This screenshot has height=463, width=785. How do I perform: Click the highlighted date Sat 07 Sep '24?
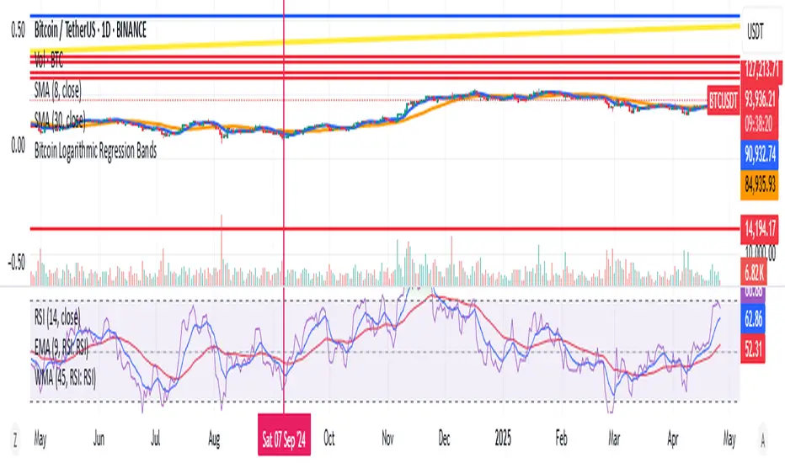point(284,439)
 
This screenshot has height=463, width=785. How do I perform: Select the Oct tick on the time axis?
point(329,439)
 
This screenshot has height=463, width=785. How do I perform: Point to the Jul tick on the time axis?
point(155,439)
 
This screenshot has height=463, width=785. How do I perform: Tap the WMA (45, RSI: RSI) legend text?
point(66,380)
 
